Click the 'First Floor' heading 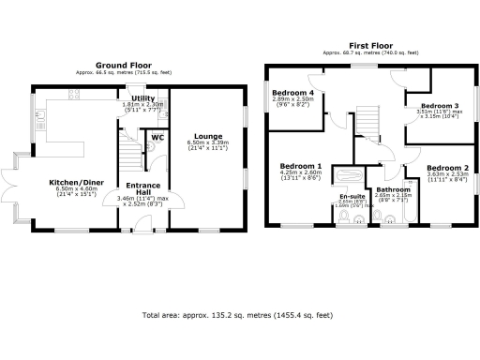pos(370,45)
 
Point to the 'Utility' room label pos(142,97)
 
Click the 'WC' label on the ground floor pos(157,137)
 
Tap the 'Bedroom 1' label pos(301,166)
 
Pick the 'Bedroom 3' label pos(439,106)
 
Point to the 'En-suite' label pos(352,195)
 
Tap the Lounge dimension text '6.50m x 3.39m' pos(208,144)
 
